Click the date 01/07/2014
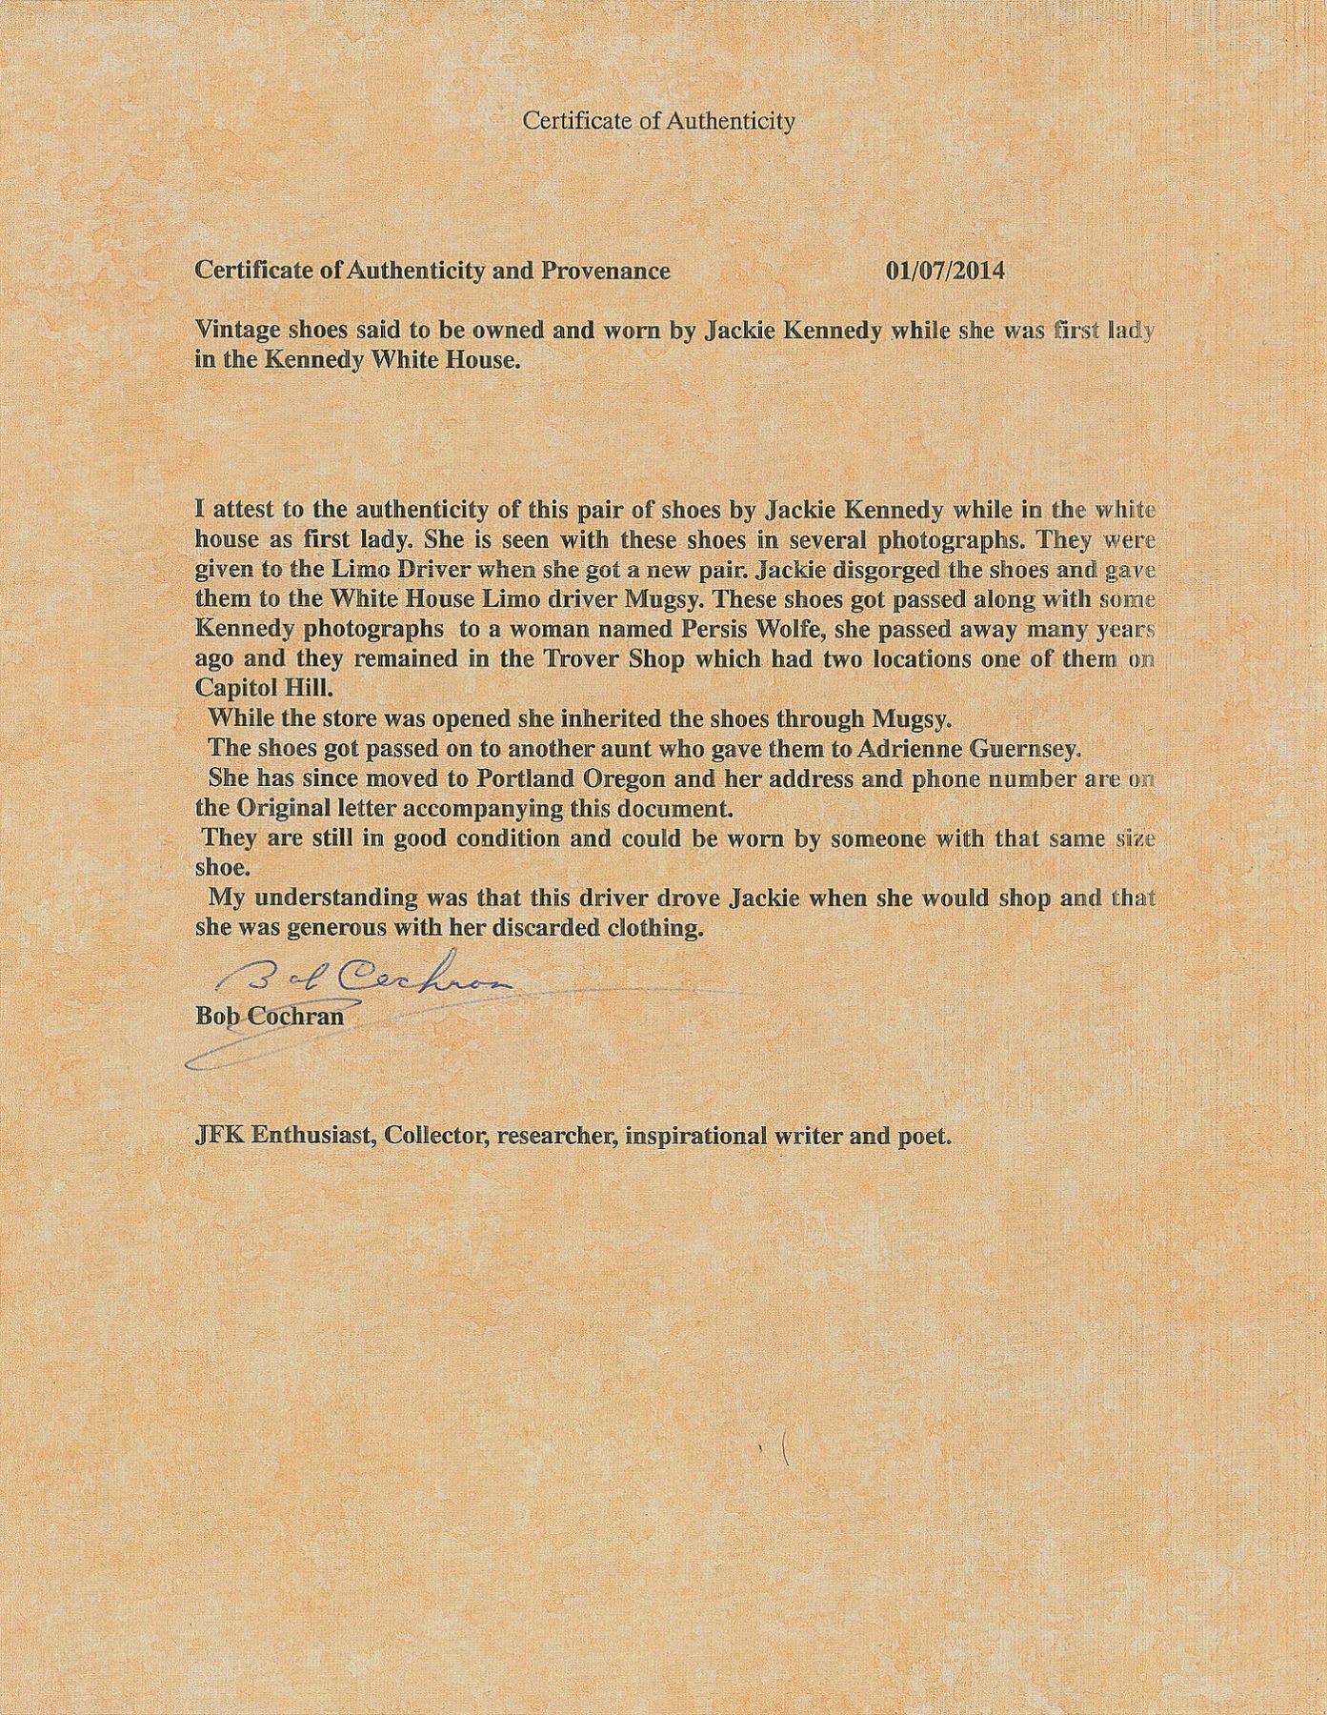944,271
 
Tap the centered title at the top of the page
659,121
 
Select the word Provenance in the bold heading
606,271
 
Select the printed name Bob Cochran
269,1016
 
